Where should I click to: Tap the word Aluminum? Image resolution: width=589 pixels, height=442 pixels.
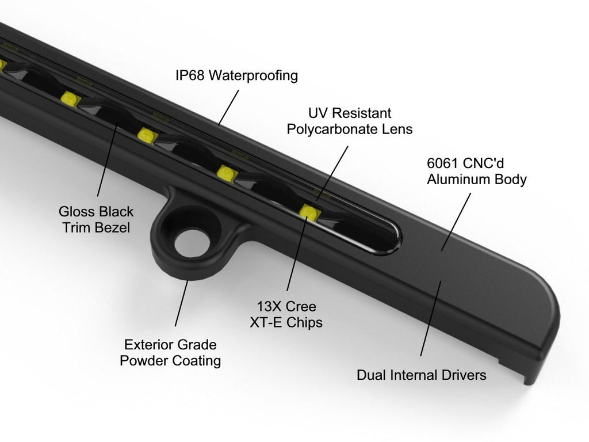(453, 179)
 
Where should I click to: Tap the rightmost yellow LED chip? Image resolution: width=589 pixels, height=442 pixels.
(309, 212)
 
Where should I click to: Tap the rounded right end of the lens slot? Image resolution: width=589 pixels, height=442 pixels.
(396, 238)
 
